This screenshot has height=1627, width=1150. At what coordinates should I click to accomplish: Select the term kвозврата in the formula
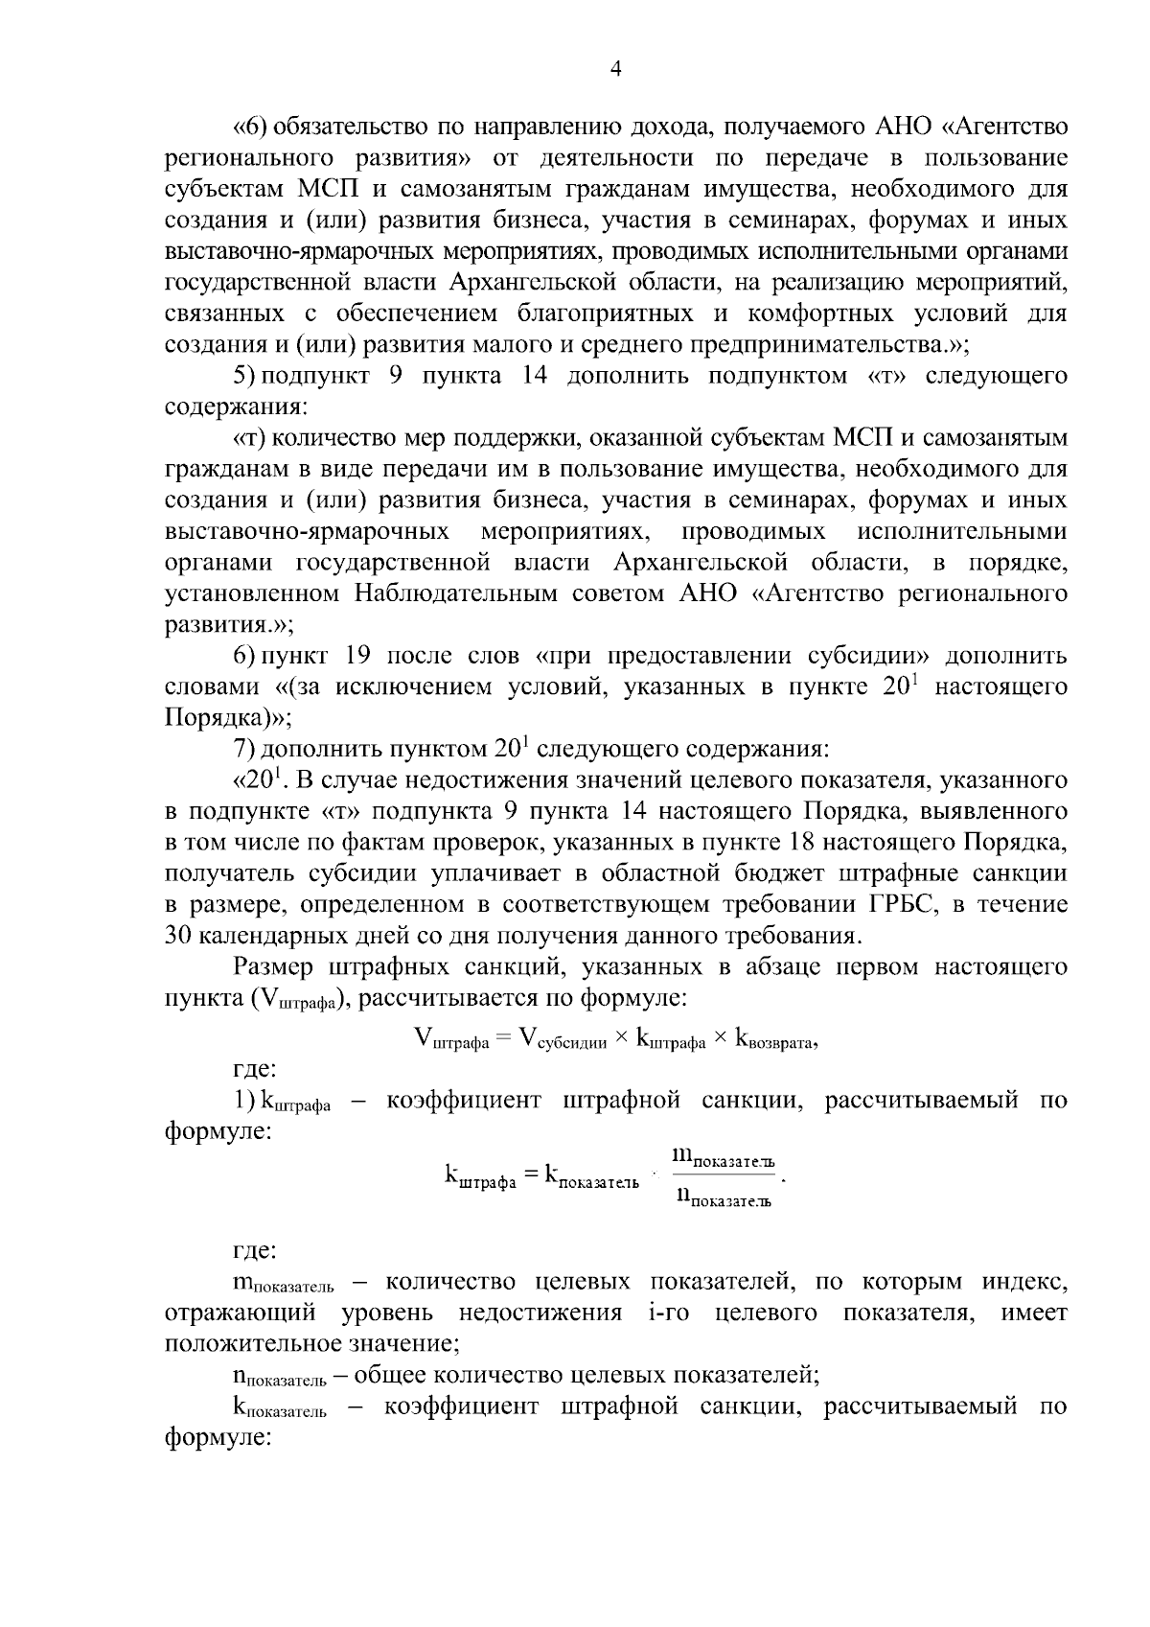point(774,1038)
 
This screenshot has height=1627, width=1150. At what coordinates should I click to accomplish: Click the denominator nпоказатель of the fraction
point(723,1197)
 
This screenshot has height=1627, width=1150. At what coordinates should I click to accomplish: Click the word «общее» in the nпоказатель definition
point(391,1376)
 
